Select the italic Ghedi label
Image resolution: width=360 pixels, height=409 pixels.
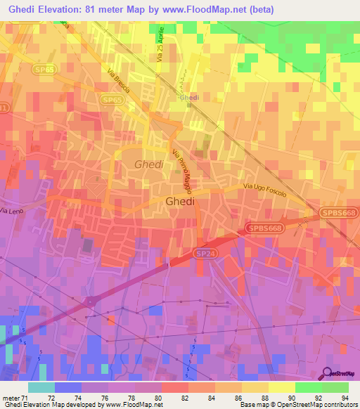pyautogui.click(x=148, y=164)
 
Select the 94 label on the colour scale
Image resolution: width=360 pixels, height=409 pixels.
pyautogui.click(x=345, y=398)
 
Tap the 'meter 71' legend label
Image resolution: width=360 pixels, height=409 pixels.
pyautogui.click(x=13, y=398)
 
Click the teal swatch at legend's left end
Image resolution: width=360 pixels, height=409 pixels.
pyautogui.click(x=41, y=387)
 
